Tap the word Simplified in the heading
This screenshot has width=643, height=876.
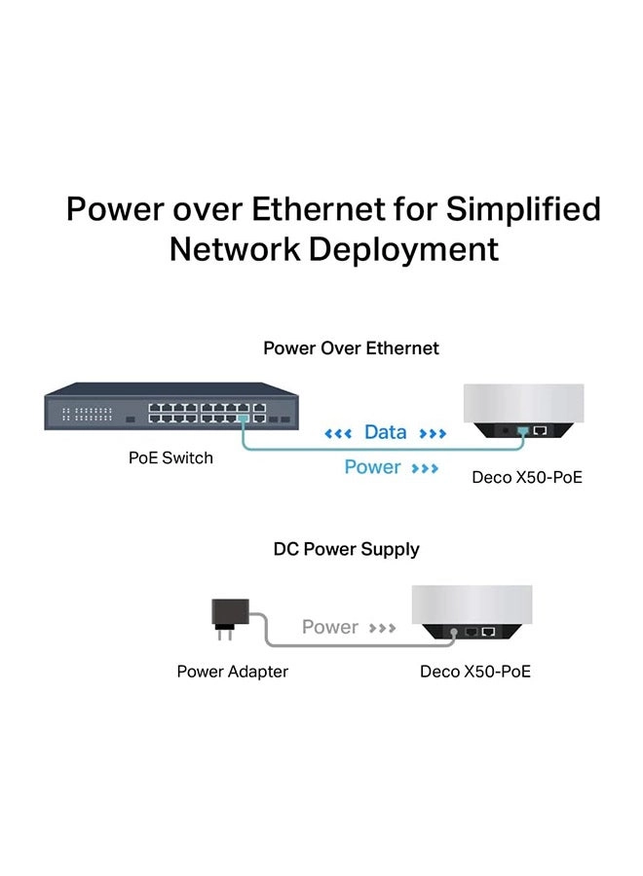pos(523,209)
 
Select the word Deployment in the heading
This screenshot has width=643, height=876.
pos(404,249)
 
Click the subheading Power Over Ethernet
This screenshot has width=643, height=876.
pos(351,347)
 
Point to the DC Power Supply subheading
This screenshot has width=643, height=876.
pos(346,549)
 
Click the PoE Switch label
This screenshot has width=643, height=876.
pos(170,457)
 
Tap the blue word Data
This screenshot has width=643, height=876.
pos(385,432)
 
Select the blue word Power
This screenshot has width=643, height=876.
pos(372,468)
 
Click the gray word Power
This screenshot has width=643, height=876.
pos(330,628)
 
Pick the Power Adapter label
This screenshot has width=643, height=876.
pos(232,672)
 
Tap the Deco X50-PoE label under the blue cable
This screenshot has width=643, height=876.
pos(527,478)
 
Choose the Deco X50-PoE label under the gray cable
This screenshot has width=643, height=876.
pos(475,672)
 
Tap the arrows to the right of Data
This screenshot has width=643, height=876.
pos(432,433)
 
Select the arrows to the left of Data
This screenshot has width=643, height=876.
pos(338,433)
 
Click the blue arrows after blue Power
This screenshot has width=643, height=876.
pos(425,469)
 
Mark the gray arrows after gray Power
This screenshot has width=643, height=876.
pos(382,629)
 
